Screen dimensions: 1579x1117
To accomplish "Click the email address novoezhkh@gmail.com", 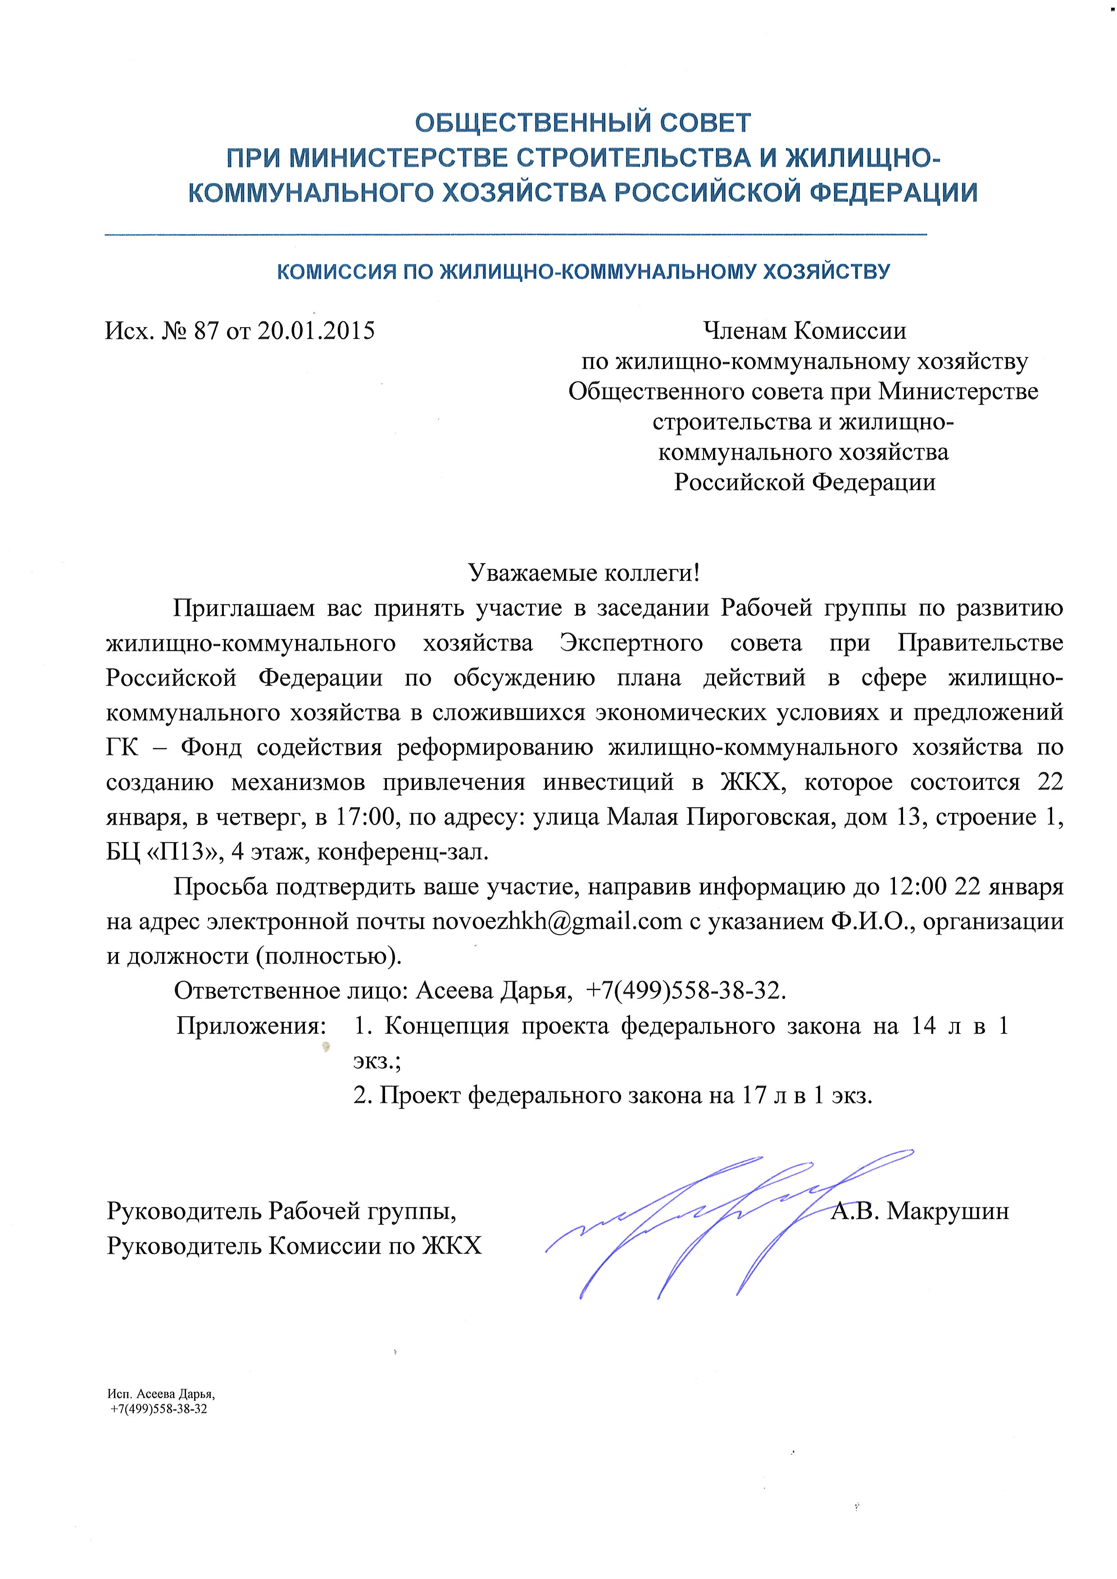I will click(x=556, y=921).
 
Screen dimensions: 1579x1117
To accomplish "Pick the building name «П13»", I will click(x=184, y=852).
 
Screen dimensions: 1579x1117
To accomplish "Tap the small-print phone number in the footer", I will click(x=159, y=1408).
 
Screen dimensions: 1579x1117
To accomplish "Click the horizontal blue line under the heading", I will click(x=516, y=235).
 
